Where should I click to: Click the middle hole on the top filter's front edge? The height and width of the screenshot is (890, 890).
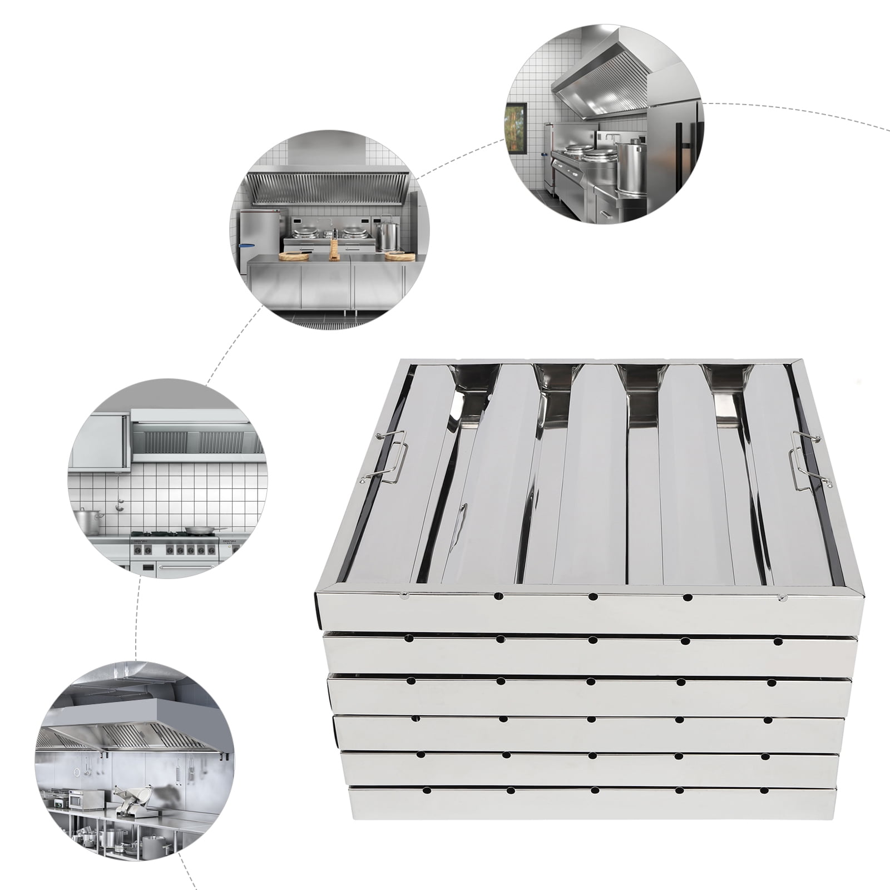tap(593, 597)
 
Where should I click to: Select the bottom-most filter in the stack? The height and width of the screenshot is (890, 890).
tap(592, 803)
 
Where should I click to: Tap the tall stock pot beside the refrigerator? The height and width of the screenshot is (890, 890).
tap(632, 167)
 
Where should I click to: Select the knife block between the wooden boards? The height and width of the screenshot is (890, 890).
tap(334, 250)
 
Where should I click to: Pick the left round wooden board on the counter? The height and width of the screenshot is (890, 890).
tap(293, 255)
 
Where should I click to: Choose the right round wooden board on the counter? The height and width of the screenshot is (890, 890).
tap(399, 256)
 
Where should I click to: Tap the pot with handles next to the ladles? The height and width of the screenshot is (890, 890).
tap(87, 521)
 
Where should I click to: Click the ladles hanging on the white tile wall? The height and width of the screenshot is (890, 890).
tap(118, 503)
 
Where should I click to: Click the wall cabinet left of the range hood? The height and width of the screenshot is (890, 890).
tap(97, 442)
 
